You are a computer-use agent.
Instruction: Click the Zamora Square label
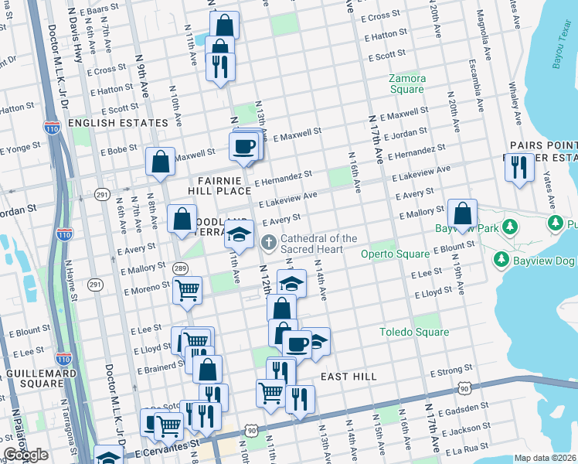[x=407, y=84]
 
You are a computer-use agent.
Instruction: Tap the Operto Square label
[x=394, y=254]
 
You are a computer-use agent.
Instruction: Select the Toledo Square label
[x=413, y=333]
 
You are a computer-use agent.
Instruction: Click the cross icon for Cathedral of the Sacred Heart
[x=269, y=244]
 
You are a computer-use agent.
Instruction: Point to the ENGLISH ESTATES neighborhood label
[x=117, y=123]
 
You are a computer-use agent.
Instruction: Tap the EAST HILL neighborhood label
[x=348, y=377]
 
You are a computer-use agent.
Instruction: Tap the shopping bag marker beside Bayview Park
[x=462, y=213]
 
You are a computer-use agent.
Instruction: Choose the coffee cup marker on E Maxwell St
[x=245, y=145]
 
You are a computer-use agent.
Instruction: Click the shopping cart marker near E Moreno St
[x=187, y=291]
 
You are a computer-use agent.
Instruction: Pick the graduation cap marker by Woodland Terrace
[x=239, y=234]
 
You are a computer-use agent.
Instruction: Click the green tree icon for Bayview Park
[x=508, y=227]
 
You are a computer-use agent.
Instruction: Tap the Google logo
[x=26, y=455]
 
